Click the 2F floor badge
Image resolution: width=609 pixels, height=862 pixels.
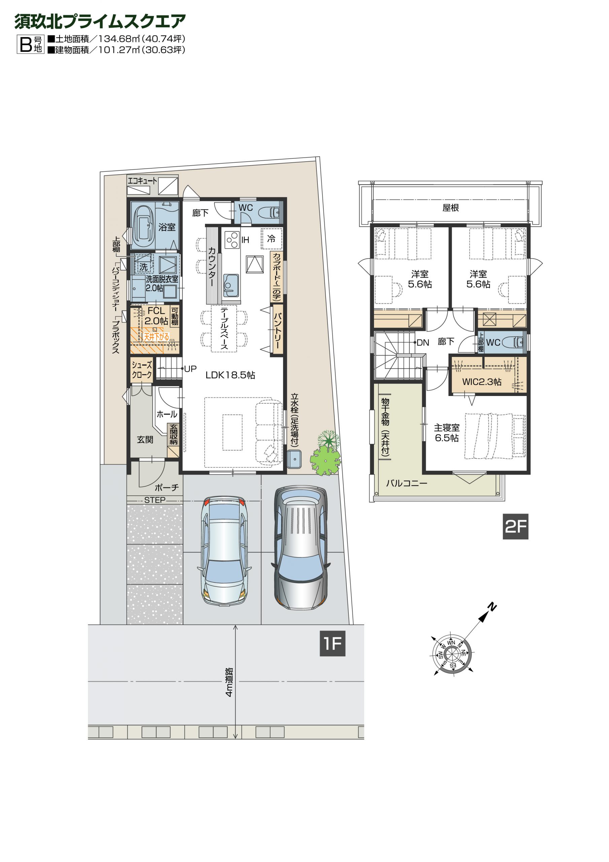(515, 526)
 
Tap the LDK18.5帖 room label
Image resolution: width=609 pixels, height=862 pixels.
(230, 375)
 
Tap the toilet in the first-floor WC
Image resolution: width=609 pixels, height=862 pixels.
(269, 212)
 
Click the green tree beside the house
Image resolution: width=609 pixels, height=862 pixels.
(326, 454)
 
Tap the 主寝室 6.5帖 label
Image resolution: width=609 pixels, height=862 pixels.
(447, 433)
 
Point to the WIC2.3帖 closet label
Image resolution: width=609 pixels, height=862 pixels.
(482, 382)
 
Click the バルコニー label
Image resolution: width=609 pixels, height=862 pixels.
(407, 483)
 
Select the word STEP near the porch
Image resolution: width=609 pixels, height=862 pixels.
(155, 500)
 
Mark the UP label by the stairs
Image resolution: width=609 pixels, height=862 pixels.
(190, 369)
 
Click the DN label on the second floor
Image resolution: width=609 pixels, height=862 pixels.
(423, 342)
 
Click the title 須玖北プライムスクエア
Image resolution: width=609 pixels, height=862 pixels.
(100, 22)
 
